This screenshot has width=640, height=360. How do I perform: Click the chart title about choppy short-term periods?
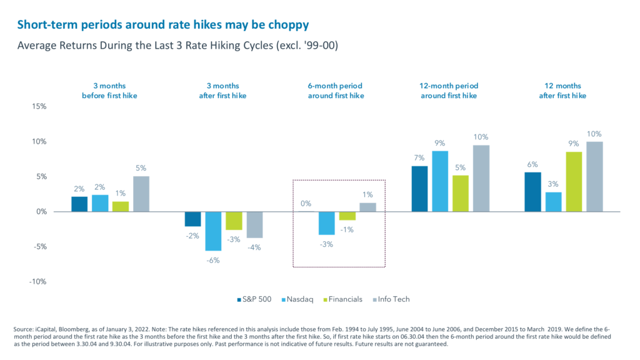(x=162, y=25)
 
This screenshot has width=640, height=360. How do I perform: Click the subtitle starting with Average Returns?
(x=177, y=46)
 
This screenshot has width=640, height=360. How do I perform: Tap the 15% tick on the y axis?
(x=39, y=106)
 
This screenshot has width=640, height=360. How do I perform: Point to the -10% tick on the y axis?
(x=37, y=281)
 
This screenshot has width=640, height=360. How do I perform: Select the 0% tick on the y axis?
(x=41, y=211)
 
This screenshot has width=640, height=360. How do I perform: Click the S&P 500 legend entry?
(x=256, y=299)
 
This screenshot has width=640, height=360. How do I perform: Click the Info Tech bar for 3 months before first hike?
(x=141, y=194)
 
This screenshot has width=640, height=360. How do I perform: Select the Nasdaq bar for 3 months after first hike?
(x=214, y=231)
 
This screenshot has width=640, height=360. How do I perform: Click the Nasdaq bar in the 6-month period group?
(x=327, y=223)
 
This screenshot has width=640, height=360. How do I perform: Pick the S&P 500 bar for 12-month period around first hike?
(x=420, y=189)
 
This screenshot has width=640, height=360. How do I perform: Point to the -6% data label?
(x=213, y=260)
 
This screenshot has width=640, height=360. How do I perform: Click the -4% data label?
(x=254, y=247)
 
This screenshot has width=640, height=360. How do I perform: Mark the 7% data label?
(x=420, y=157)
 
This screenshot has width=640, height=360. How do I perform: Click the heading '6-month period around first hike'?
(x=339, y=91)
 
